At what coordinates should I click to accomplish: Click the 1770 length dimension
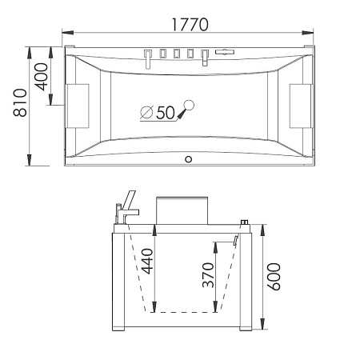click(x=190, y=25)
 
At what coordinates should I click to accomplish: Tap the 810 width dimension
click(x=20, y=102)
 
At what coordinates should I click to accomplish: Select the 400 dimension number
click(x=42, y=77)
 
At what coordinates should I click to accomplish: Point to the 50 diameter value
click(x=166, y=113)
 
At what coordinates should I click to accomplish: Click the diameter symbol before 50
click(x=146, y=112)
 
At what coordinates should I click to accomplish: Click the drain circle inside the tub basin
click(x=190, y=105)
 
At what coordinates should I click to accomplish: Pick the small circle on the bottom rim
click(x=189, y=159)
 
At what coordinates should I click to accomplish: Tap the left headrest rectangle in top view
click(x=78, y=106)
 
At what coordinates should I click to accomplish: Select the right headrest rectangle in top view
click(x=301, y=106)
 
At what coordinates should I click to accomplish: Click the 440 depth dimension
click(x=147, y=262)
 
